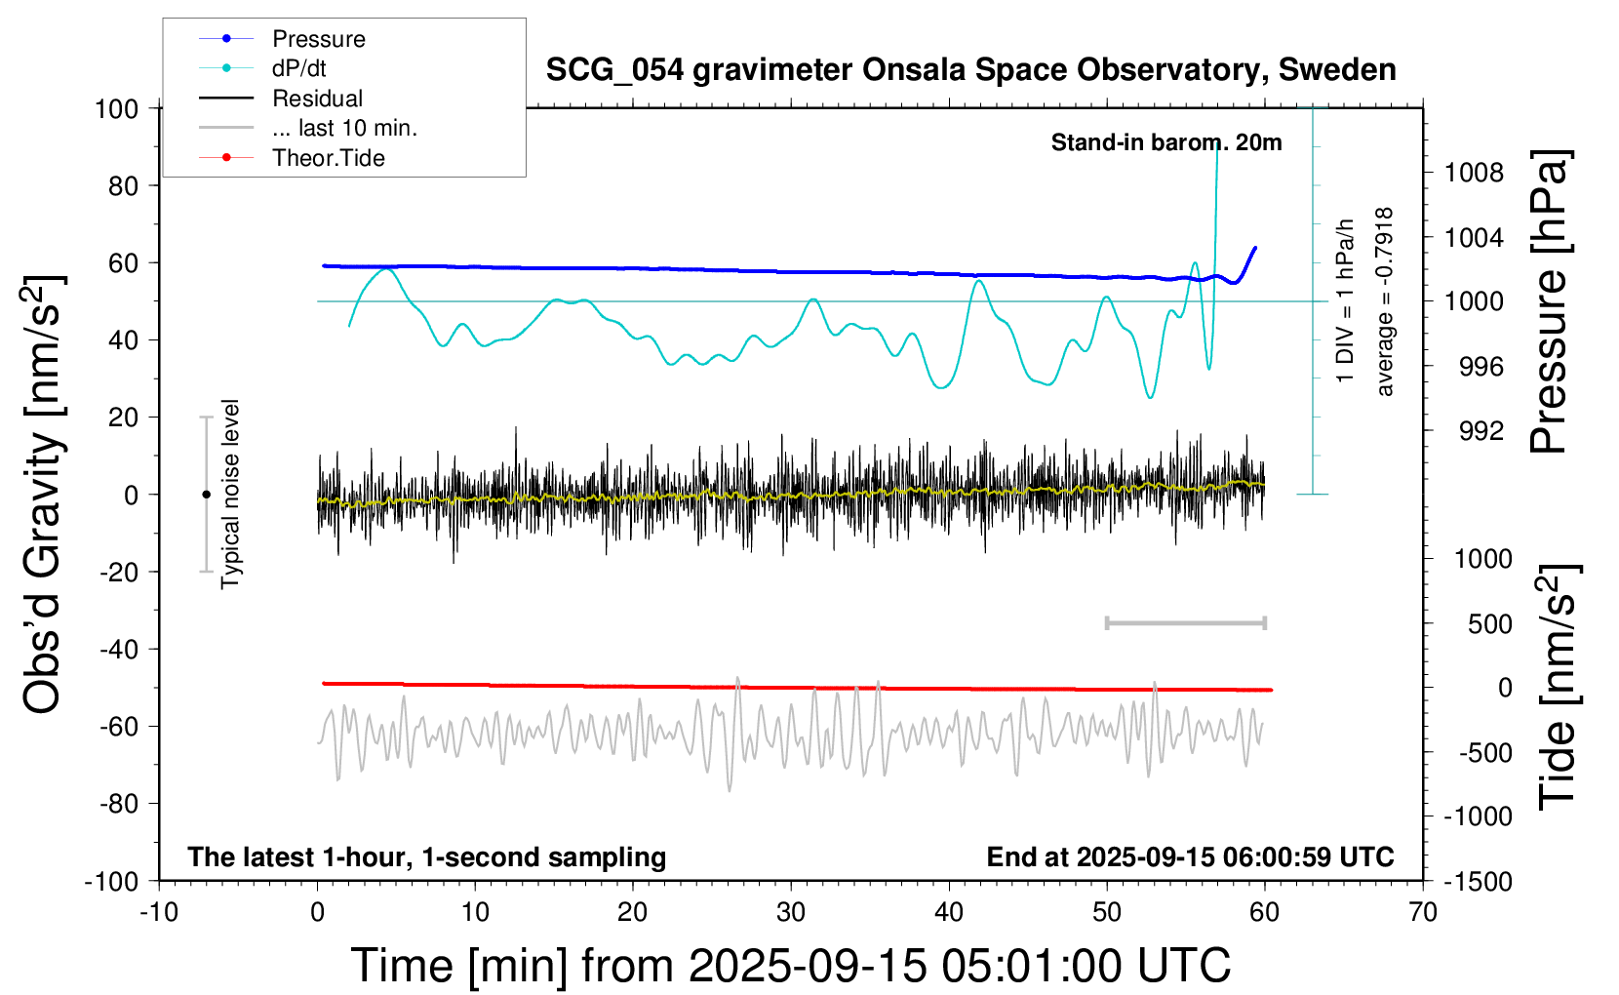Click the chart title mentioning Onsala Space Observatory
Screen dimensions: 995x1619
point(970,70)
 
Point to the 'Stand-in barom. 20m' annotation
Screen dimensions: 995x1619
point(1165,142)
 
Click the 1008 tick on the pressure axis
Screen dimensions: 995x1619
point(1474,174)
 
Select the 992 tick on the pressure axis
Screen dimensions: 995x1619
point(1481,431)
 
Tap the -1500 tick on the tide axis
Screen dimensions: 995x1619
point(1479,882)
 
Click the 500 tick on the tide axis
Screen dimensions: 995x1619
point(1489,624)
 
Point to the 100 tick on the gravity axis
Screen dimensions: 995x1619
point(117,108)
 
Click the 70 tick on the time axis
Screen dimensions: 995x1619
point(1423,913)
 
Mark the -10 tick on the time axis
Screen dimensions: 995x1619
point(159,913)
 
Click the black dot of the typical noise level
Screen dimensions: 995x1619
point(206,495)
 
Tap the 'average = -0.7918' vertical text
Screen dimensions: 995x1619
point(1385,302)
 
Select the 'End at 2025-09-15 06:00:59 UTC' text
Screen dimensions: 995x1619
point(1190,857)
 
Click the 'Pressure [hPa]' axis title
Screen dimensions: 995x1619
point(1549,302)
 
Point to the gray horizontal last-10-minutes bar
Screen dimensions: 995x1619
point(1185,622)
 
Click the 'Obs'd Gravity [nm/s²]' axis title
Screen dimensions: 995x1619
point(43,495)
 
